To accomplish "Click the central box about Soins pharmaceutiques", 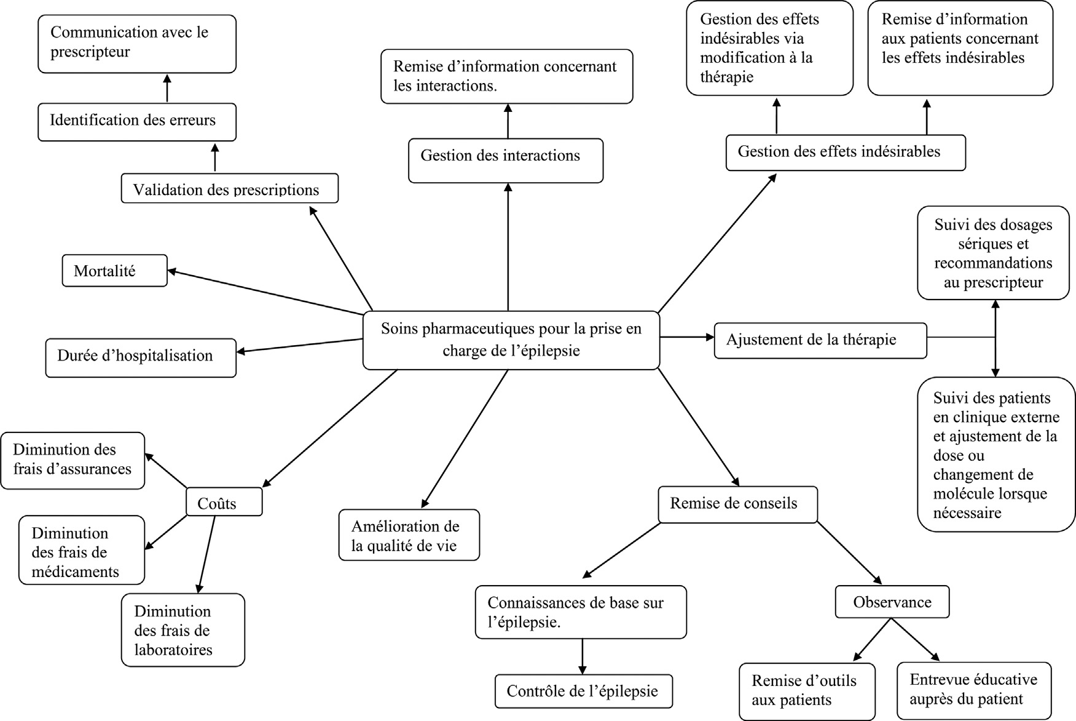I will tap(511, 340).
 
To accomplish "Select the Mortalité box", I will tap(114, 271).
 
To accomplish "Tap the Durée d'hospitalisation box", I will tap(140, 357).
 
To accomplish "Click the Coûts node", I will tap(224, 502).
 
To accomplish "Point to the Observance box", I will tap(892, 602).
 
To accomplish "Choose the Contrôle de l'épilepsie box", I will tap(583, 691).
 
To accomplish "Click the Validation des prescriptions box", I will tap(229, 188).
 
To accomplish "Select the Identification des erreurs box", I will tap(136, 121).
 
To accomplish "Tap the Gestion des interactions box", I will tap(505, 159).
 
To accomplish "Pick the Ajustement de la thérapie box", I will tap(820, 340).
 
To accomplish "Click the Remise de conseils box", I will tap(737, 504).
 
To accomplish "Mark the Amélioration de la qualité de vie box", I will tap(409, 535).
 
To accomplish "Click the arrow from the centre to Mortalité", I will tap(264, 292).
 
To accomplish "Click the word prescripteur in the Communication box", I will tap(90, 52).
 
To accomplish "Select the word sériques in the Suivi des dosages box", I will tap(992, 244).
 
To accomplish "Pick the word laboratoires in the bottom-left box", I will tap(173, 650).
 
